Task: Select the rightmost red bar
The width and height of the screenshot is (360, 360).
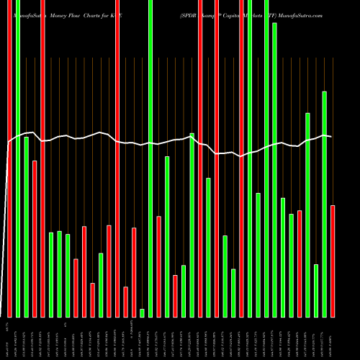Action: [x=333, y=261]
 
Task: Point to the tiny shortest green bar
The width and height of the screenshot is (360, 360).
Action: [x=142, y=312]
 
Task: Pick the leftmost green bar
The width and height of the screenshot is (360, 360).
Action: [x=18, y=158]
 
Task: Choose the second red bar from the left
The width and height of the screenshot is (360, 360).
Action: [x=35, y=238]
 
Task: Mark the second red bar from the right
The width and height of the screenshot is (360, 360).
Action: [x=300, y=264]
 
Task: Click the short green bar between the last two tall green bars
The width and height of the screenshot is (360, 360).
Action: [x=316, y=290]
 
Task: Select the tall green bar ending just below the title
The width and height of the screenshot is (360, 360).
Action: [x=274, y=169]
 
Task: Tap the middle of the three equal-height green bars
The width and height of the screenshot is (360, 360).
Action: [x=59, y=274]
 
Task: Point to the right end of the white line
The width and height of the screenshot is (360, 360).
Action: [x=330, y=136]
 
